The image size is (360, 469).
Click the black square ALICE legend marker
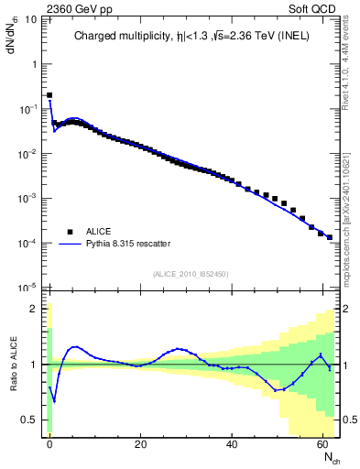click(68, 232)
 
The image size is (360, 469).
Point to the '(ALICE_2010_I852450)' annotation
click(190, 273)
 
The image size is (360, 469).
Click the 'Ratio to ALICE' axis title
click(12, 364)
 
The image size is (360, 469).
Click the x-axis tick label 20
click(141, 442)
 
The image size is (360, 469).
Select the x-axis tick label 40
click(233, 442)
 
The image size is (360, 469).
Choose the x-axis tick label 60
click(324, 442)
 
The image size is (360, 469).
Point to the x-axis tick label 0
click(49, 442)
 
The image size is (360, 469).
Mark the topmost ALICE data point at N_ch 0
click(49, 95)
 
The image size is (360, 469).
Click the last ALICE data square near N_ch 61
click(330, 236)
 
